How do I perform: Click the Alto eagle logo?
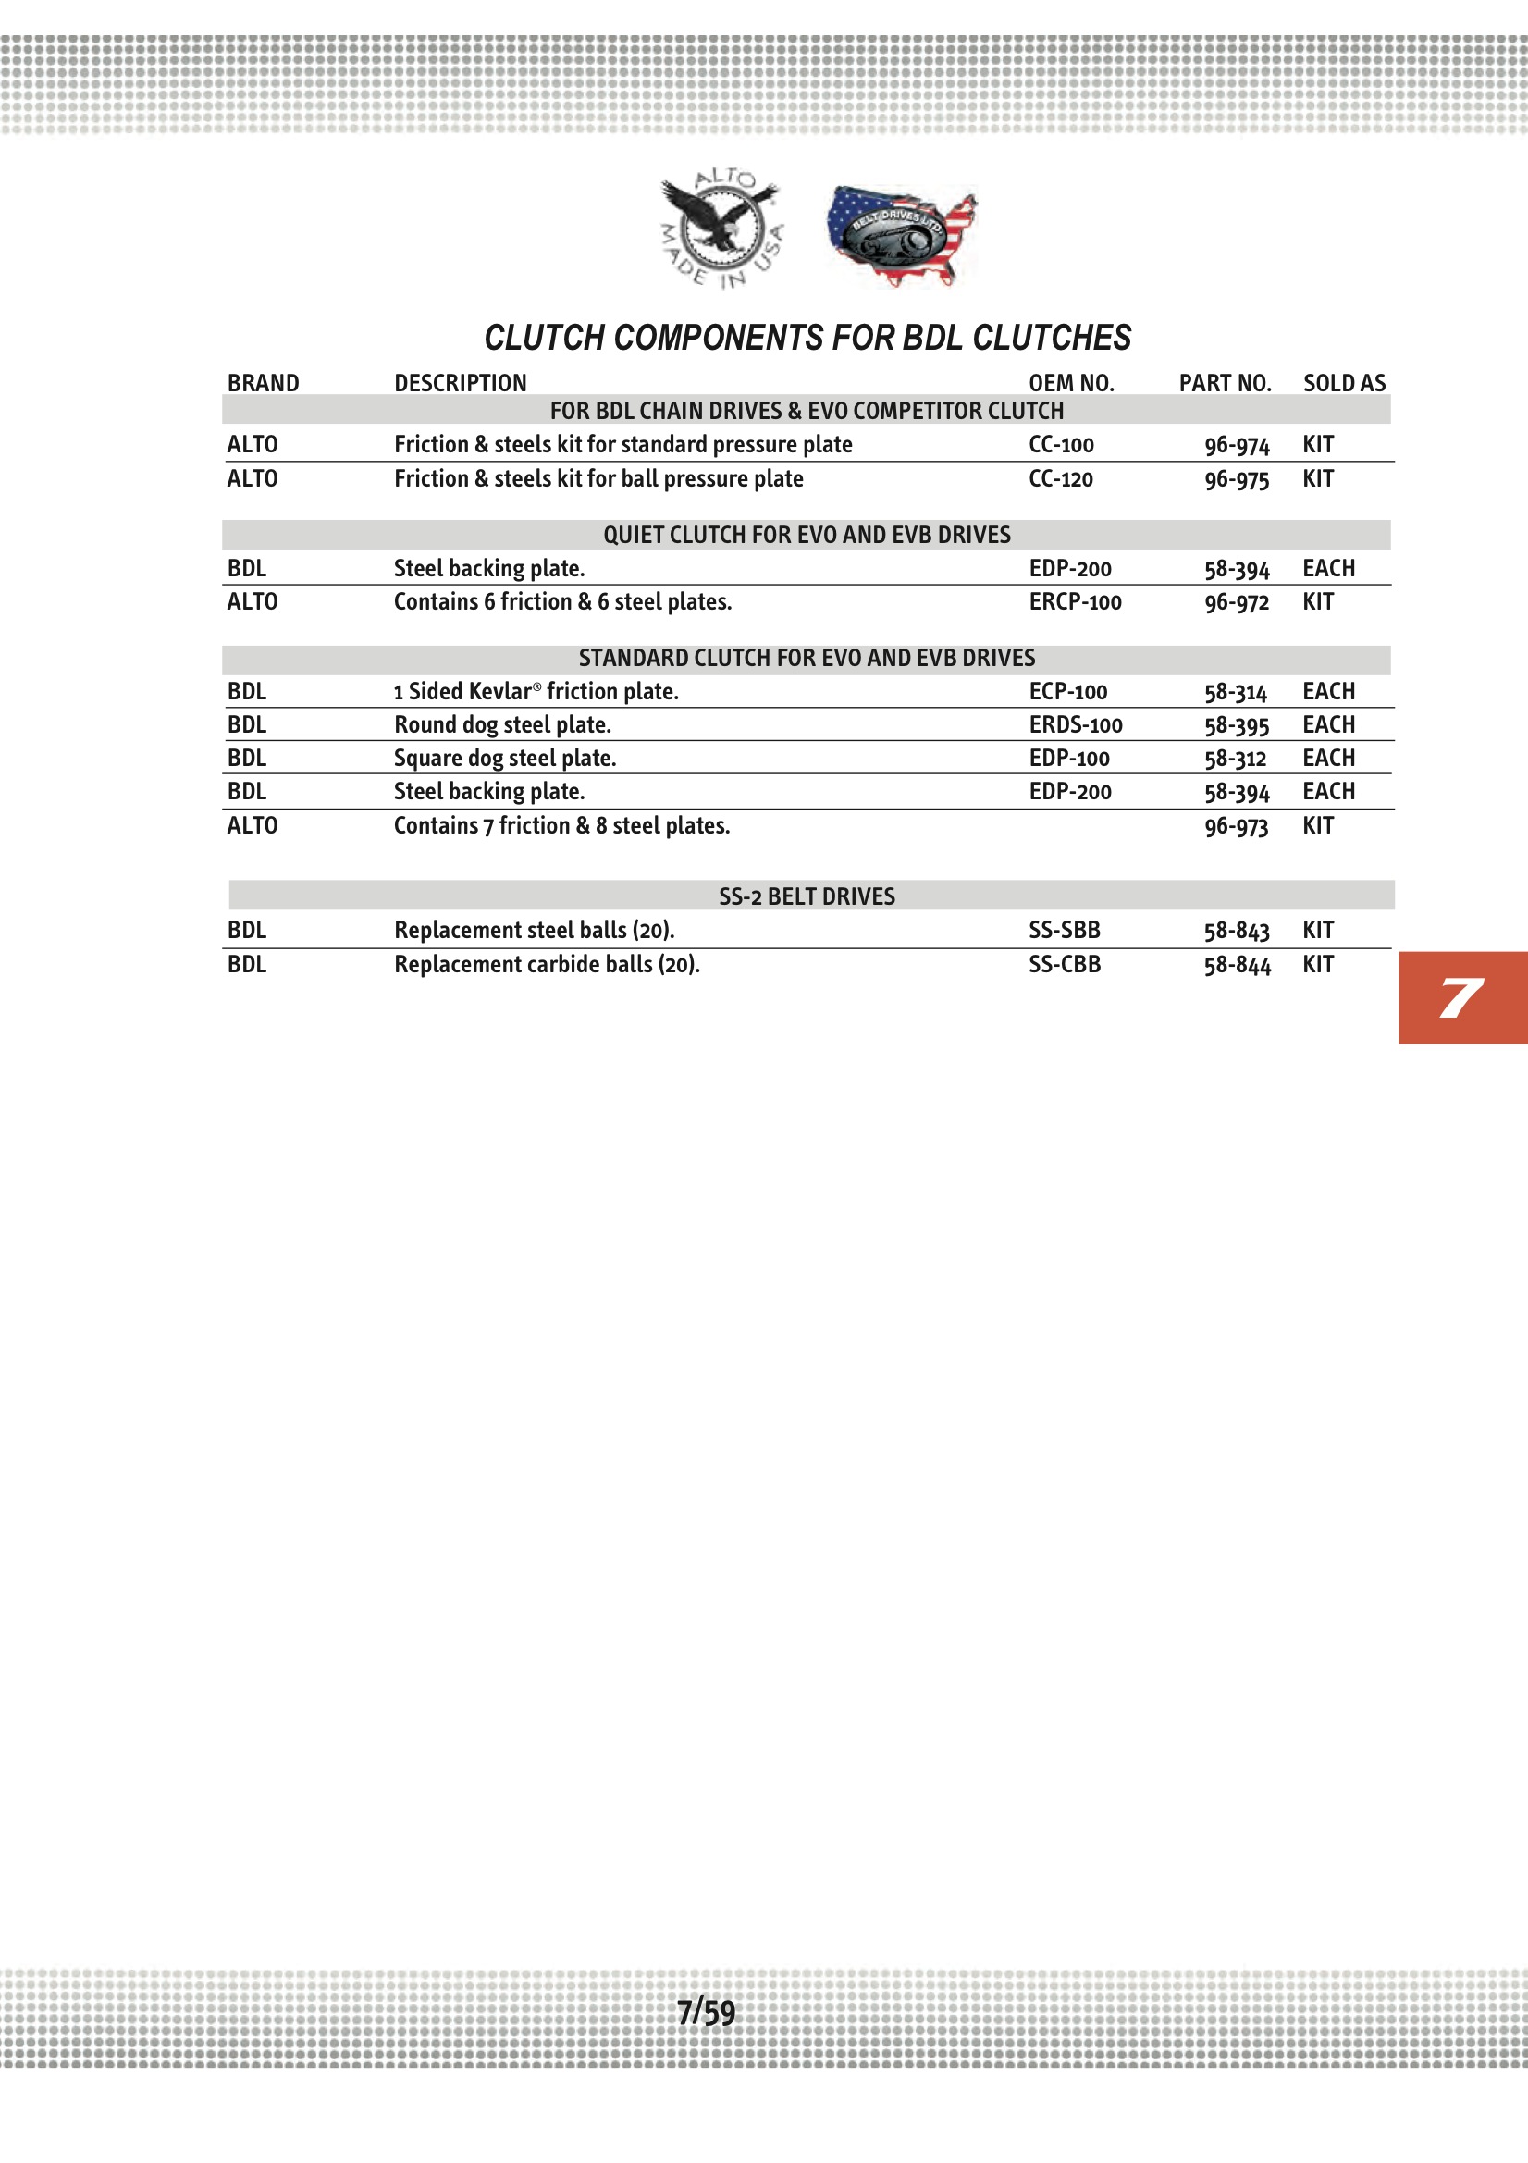tap(721, 229)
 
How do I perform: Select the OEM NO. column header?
tap(1071, 383)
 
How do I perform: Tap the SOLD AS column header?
tap(1344, 383)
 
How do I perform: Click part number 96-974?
tap(1237, 446)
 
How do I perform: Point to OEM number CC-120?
tap(1061, 479)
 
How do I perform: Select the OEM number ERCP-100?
tap(1075, 602)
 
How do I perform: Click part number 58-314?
tap(1236, 692)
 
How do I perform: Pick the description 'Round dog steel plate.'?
tap(502, 725)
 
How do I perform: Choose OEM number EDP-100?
tap(1069, 759)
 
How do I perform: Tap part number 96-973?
tap(1236, 826)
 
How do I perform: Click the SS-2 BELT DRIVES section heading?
tap(807, 896)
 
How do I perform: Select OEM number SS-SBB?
tap(1065, 931)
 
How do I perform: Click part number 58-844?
tap(1237, 965)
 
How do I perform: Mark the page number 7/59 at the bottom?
tap(707, 2012)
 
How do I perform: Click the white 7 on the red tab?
tap(1460, 998)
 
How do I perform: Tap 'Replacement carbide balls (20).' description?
tap(547, 965)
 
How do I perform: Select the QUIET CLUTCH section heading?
tap(807, 535)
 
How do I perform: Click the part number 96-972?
tap(1236, 603)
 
